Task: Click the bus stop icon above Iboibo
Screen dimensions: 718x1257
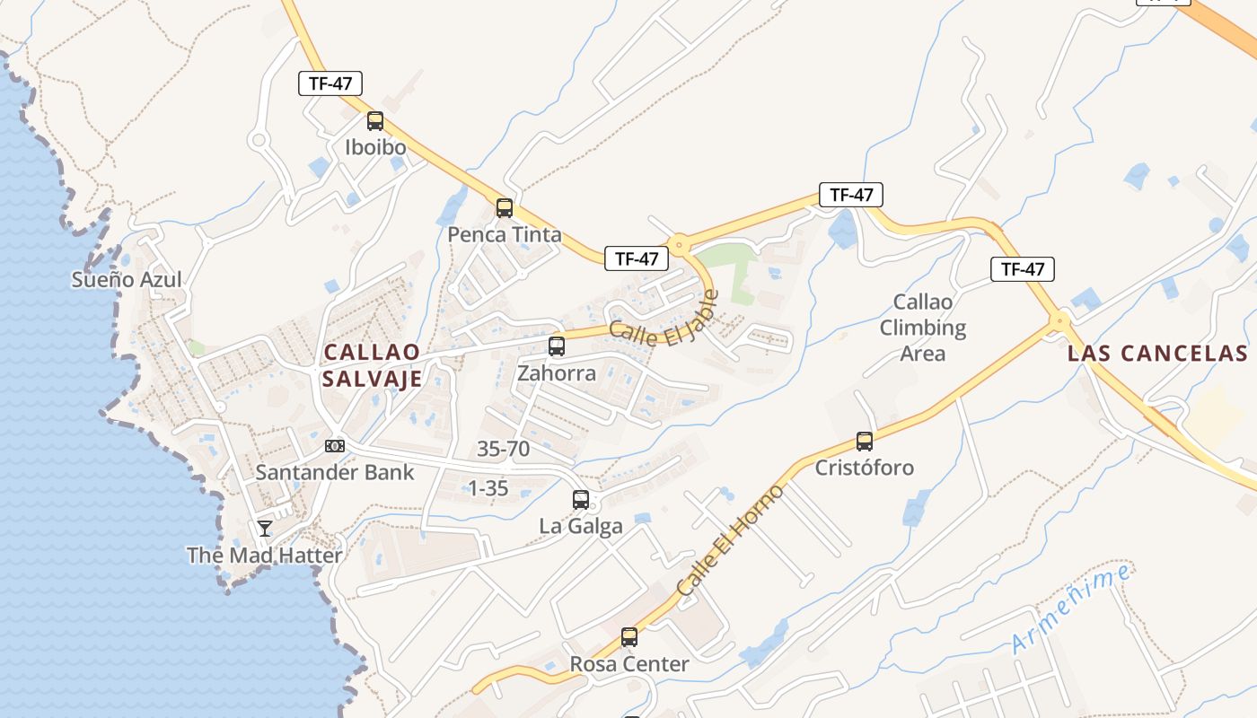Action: pyautogui.click(x=374, y=121)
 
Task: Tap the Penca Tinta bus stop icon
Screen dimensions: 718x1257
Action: pyautogui.click(x=505, y=208)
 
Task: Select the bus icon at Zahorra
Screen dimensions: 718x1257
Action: pyautogui.click(x=557, y=346)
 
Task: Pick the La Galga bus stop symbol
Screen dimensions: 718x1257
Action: pyautogui.click(x=581, y=500)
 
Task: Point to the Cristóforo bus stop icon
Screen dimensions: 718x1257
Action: pyautogui.click(x=865, y=442)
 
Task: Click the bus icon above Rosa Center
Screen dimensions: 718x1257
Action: pyautogui.click(x=629, y=637)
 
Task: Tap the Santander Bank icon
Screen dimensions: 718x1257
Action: pyautogui.click(x=334, y=446)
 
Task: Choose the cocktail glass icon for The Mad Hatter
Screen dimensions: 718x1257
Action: pyautogui.click(x=265, y=528)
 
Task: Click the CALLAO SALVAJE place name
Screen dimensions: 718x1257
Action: pyautogui.click(x=372, y=365)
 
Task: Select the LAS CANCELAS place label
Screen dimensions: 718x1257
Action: pyautogui.click(x=1157, y=354)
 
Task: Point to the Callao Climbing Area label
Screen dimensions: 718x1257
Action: pyautogui.click(x=923, y=328)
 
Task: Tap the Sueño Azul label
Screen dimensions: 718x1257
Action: pyautogui.click(x=127, y=279)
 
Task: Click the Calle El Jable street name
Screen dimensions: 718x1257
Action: pyautogui.click(x=664, y=322)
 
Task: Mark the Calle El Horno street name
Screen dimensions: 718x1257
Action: pyautogui.click(x=730, y=539)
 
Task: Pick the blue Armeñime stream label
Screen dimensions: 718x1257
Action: pyautogui.click(x=1071, y=609)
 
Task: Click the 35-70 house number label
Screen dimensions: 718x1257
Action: pyautogui.click(x=504, y=449)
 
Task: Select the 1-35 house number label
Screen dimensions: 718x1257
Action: pyautogui.click(x=488, y=489)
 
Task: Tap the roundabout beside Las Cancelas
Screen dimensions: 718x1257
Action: pyautogui.click(x=1060, y=320)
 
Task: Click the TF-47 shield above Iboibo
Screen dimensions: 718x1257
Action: pyautogui.click(x=330, y=83)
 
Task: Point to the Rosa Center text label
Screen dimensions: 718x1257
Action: pyautogui.click(x=629, y=665)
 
